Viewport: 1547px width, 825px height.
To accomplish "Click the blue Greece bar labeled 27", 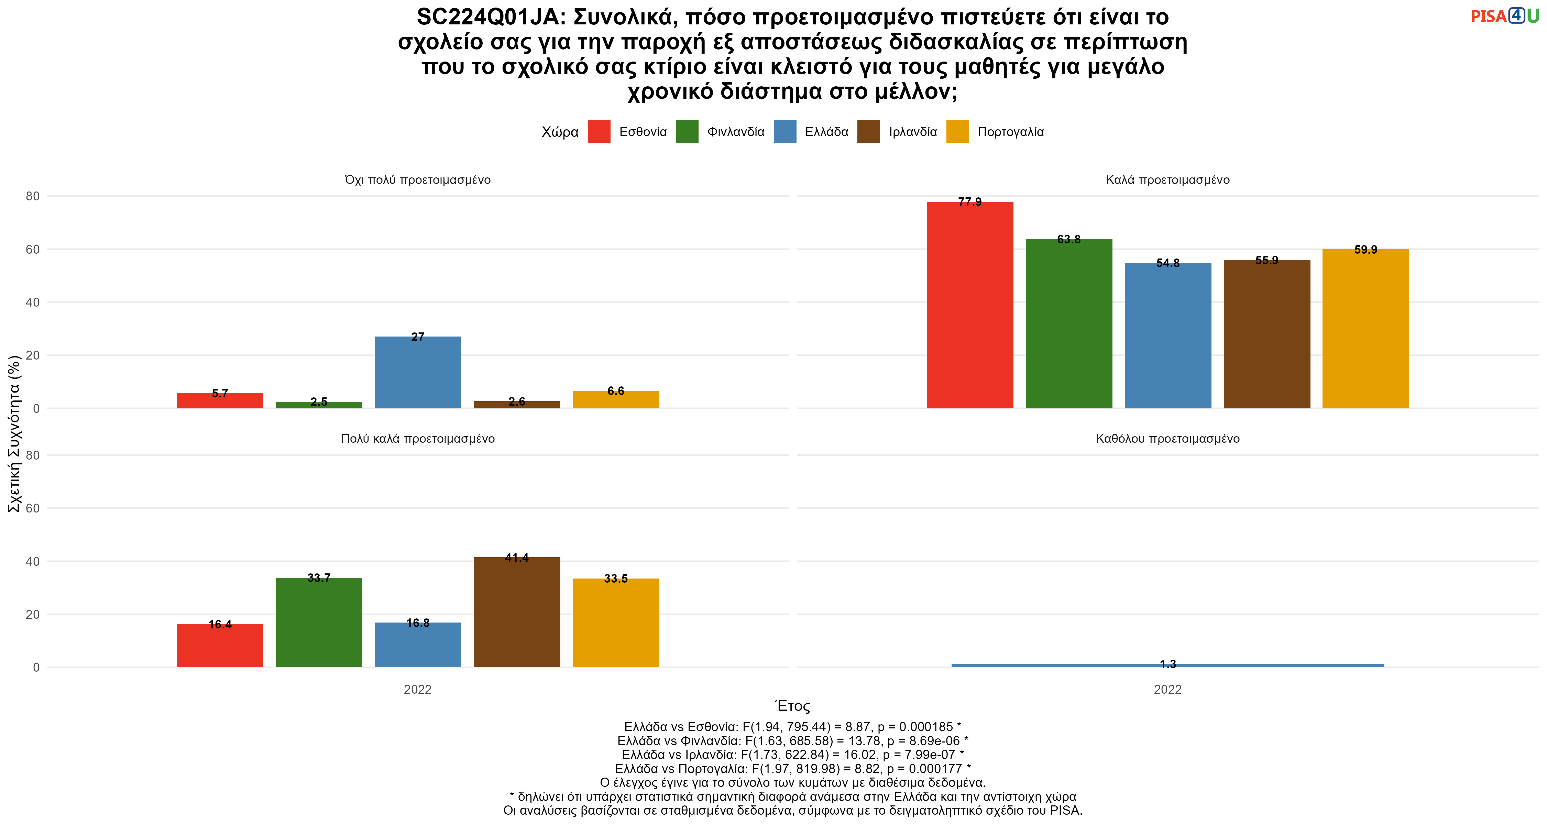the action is tap(418, 372).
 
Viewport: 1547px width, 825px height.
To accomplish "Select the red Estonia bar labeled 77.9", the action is tap(970, 305).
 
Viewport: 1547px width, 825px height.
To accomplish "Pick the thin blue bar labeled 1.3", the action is tap(1167, 665).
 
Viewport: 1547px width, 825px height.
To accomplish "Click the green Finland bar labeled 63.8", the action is tap(1069, 323).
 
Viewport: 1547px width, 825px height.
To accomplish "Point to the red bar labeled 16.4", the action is tap(220, 646).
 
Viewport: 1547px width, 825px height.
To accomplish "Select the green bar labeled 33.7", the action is tap(319, 623).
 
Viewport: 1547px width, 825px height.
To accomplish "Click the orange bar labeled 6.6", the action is tap(616, 399).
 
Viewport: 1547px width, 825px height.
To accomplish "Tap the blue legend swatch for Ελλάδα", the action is tap(785, 132).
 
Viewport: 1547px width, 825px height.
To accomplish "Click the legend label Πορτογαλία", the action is tap(1011, 132).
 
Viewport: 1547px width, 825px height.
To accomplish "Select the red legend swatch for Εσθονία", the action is tap(599, 132).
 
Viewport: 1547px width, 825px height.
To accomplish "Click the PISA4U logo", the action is tap(1505, 16).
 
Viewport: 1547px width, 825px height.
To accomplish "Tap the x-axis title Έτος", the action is tap(793, 706).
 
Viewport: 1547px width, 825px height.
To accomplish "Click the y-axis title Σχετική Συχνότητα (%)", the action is tap(14, 433).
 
